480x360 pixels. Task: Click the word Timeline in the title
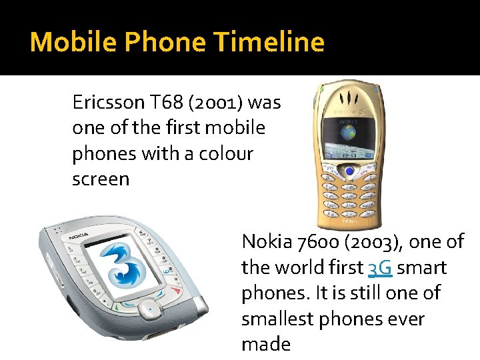click(x=269, y=42)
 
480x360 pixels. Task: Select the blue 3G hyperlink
click(x=380, y=267)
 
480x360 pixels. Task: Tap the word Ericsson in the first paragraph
click(x=109, y=103)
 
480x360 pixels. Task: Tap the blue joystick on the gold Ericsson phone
click(x=349, y=172)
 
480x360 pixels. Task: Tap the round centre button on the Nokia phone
click(x=151, y=310)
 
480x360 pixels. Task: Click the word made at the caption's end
click(x=266, y=345)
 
